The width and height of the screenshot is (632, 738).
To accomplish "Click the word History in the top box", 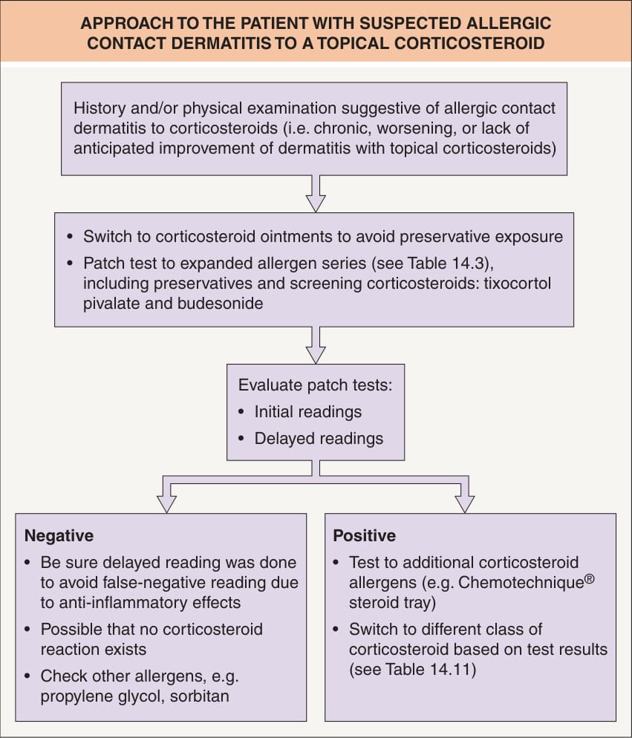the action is point(100,108).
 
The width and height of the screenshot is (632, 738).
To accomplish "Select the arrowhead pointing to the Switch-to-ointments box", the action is point(316,203).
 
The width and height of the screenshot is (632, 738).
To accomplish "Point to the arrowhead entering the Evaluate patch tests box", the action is point(316,355).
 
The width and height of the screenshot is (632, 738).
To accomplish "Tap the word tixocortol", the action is point(518,284).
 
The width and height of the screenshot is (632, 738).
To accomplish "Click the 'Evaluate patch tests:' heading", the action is point(315,385).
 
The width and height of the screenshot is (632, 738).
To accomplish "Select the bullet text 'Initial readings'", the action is point(308,412).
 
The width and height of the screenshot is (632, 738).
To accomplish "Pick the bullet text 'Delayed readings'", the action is point(319,439).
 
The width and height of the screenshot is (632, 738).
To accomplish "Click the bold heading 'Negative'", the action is point(59,535).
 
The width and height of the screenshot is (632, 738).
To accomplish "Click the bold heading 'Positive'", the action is point(365,535).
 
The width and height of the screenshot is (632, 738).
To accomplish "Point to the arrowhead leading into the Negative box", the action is point(166,504).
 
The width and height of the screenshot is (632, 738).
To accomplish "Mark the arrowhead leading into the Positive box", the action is point(465,504).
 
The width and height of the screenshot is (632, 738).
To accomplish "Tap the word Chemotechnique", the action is point(521,583).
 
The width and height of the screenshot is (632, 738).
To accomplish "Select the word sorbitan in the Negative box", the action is point(200,696).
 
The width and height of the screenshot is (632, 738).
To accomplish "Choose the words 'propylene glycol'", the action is point(102,696).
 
